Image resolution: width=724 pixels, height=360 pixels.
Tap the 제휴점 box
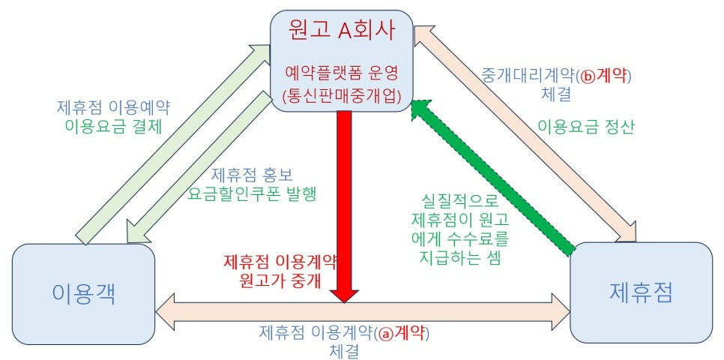641,292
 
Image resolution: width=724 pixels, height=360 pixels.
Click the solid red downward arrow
344,202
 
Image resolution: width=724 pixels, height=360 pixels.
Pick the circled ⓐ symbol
385,331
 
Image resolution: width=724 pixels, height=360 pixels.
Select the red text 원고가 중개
279,281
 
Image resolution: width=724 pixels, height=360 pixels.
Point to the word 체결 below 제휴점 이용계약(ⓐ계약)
344,349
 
